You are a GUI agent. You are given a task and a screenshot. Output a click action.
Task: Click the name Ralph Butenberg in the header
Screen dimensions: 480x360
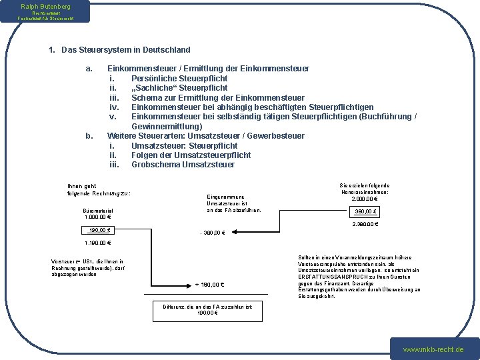45,6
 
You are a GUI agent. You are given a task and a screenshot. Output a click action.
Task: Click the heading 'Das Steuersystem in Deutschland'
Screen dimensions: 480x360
125,50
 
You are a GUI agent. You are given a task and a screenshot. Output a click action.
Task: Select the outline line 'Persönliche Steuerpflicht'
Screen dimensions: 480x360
179,78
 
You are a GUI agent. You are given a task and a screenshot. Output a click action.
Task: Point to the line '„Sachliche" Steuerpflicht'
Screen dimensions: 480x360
179,87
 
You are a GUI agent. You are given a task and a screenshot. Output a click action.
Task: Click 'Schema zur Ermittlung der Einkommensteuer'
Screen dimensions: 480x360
217,97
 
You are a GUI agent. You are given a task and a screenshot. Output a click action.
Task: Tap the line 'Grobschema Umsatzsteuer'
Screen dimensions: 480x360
183,165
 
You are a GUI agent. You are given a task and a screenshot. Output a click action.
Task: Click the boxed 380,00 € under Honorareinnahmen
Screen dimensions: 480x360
366,212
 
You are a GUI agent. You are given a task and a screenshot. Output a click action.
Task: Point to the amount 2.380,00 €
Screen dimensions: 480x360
365,224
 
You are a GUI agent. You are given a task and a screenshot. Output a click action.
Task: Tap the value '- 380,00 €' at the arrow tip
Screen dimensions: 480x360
213,233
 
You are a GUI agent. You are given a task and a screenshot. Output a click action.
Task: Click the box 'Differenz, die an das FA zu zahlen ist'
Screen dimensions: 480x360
205,309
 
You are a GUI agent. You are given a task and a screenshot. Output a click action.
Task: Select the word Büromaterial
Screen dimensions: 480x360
98,211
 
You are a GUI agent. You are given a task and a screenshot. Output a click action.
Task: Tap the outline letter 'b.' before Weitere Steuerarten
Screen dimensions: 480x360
89,136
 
